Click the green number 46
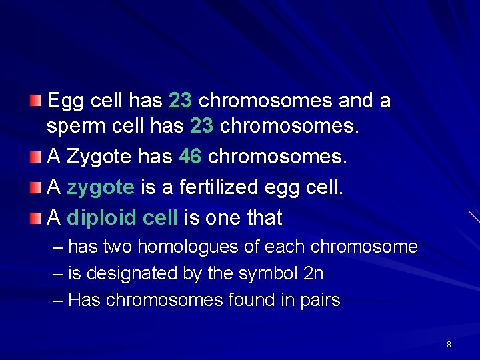pyautogui.click(x=191, y=157)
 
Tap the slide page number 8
pyautogui.click(x=449, y=345)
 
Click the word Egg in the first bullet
pyautogui.click(x=65, y=101)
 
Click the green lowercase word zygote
pyautogui.click(x=101, y=187)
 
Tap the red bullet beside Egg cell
pyautogui.click(x=37, y=101)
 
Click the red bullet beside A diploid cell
pyautogui.click(x=37, y=217)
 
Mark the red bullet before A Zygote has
pyautogui.click(x=37, y=157)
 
